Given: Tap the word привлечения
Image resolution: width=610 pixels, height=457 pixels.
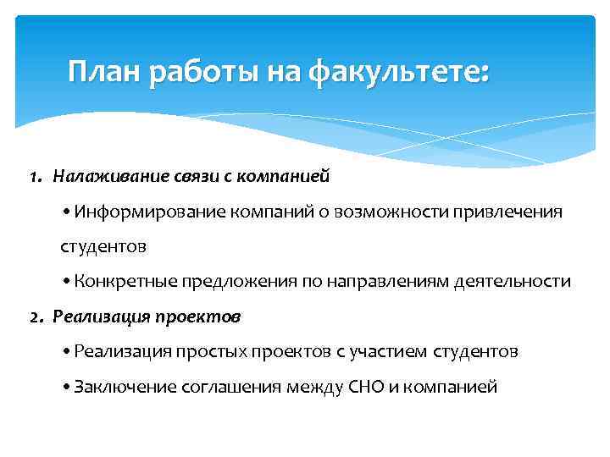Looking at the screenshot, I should point(513,212).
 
